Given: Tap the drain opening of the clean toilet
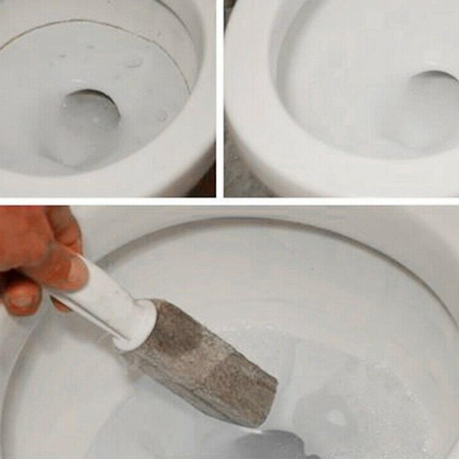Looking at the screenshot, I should click(x=433, y=92).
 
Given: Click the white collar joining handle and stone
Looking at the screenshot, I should click(x=138, y=323).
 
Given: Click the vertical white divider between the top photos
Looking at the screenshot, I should click(x=220, y=99).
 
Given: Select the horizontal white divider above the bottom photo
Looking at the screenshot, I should click(x=229, y=201).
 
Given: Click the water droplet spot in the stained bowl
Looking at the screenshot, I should click(x=133, y=62).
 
